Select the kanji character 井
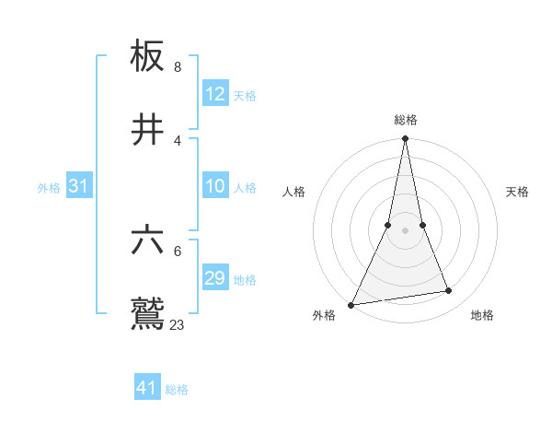point(148,130)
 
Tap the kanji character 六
point(148,242)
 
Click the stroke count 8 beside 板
point(178,67)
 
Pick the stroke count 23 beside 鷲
point(177,325)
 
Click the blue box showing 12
point(215,94)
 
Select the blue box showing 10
point(215,186)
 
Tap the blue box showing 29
point(215,278)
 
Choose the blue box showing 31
point(79,186)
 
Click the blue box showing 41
point(147,388)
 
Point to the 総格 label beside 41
point(177,390)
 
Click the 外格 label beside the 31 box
point(49,188)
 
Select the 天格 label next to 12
point(245,96)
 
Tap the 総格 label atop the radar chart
point(405,120)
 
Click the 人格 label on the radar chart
point(293,192)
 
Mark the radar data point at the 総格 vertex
point(405,139)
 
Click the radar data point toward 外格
point(351,305)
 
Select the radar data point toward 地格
point(449,291)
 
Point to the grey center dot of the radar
point(405,230)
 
